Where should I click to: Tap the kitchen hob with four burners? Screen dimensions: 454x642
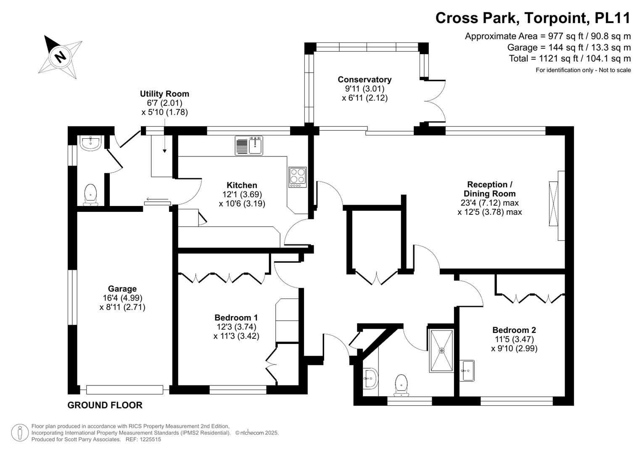(x=298, y=177)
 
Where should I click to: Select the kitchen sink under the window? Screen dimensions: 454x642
(x=249, y=146)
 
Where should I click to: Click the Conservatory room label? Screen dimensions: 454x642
(x=365, y=79)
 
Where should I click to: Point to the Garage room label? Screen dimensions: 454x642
(x=122, y=289)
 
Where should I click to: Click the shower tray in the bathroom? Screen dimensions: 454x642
(x=441, y=351)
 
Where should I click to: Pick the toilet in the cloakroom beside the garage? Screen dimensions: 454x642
(x=91, y=195)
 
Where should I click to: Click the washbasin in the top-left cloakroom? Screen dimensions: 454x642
(x=90, y=143)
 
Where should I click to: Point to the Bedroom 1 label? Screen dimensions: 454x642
(x=236, y=318)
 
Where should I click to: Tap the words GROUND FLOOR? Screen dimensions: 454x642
(x=105, y=405)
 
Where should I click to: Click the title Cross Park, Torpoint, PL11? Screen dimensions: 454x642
(x=533, y=18)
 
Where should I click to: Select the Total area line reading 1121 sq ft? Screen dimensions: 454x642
(x=570, y=58)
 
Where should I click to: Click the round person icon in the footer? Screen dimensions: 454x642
(x=20, y=433)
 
